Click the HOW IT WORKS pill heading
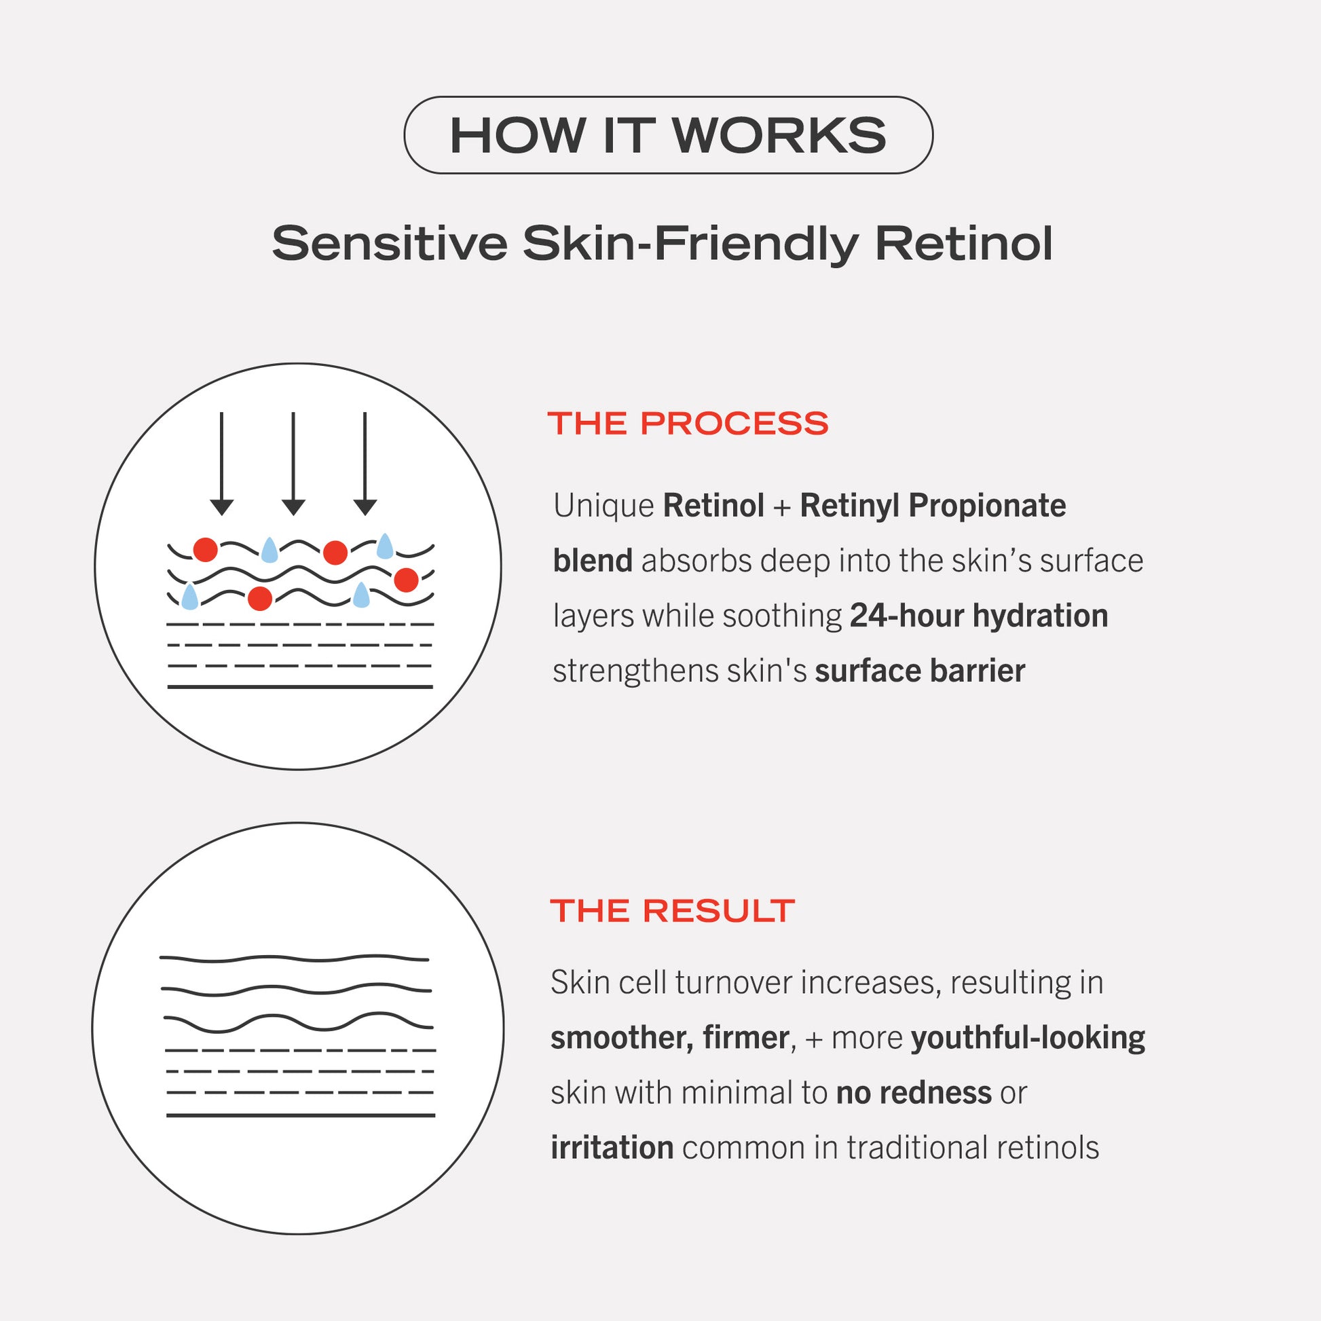click(668, 134)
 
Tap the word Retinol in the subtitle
click(964, 244)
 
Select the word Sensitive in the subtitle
click(390, 244)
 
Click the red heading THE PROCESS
click(688, 423)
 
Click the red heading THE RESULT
click(673, 911)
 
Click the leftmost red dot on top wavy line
click(205, 549)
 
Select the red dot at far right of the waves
click(406, 580)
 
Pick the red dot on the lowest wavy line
click(260, 598)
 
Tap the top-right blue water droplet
click(386, 546)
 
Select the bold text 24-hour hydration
click(979, 616)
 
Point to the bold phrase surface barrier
click(920, 671)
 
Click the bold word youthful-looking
click(1028, 1038)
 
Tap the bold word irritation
click(612, 1148)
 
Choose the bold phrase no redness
click(914, 1093)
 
